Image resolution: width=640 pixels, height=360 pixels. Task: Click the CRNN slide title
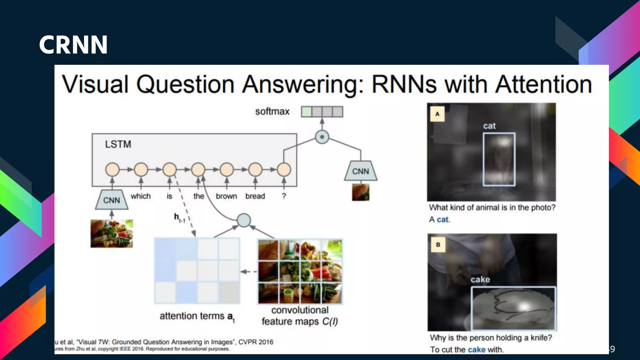tap(73, 45)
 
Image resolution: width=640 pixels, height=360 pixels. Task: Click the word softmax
tap(272, 112)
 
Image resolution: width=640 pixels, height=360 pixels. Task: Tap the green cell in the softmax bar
tap(307, 112)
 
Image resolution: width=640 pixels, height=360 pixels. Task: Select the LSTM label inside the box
tap(118, 144)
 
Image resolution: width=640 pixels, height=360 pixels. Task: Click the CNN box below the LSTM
tap(112, 200)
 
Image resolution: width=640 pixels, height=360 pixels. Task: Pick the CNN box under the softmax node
tap(361, 171)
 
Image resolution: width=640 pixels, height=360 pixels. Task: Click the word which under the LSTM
tap(141, 196)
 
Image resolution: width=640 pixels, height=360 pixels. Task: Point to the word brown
tap(226, 196)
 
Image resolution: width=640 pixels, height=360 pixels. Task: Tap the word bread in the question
tap(255, 196)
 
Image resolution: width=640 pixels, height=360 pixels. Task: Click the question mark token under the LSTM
tap(284, 196)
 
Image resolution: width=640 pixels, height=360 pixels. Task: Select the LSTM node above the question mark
tap(284, 170)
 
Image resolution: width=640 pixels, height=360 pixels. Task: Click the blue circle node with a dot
tap(322, 137)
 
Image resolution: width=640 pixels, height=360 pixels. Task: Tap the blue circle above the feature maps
tap(244, 220)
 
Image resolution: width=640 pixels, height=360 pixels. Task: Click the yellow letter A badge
tap(437, 114)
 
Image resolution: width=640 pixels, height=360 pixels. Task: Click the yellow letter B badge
tap(438, 245)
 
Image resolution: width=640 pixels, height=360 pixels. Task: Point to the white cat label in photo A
tap(489, 126)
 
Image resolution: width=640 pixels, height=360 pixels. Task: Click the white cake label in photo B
tap(480, 279)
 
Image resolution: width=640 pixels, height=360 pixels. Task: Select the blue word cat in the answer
tap(442, 219)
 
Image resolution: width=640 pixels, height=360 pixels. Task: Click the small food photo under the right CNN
tap(361, 192)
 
